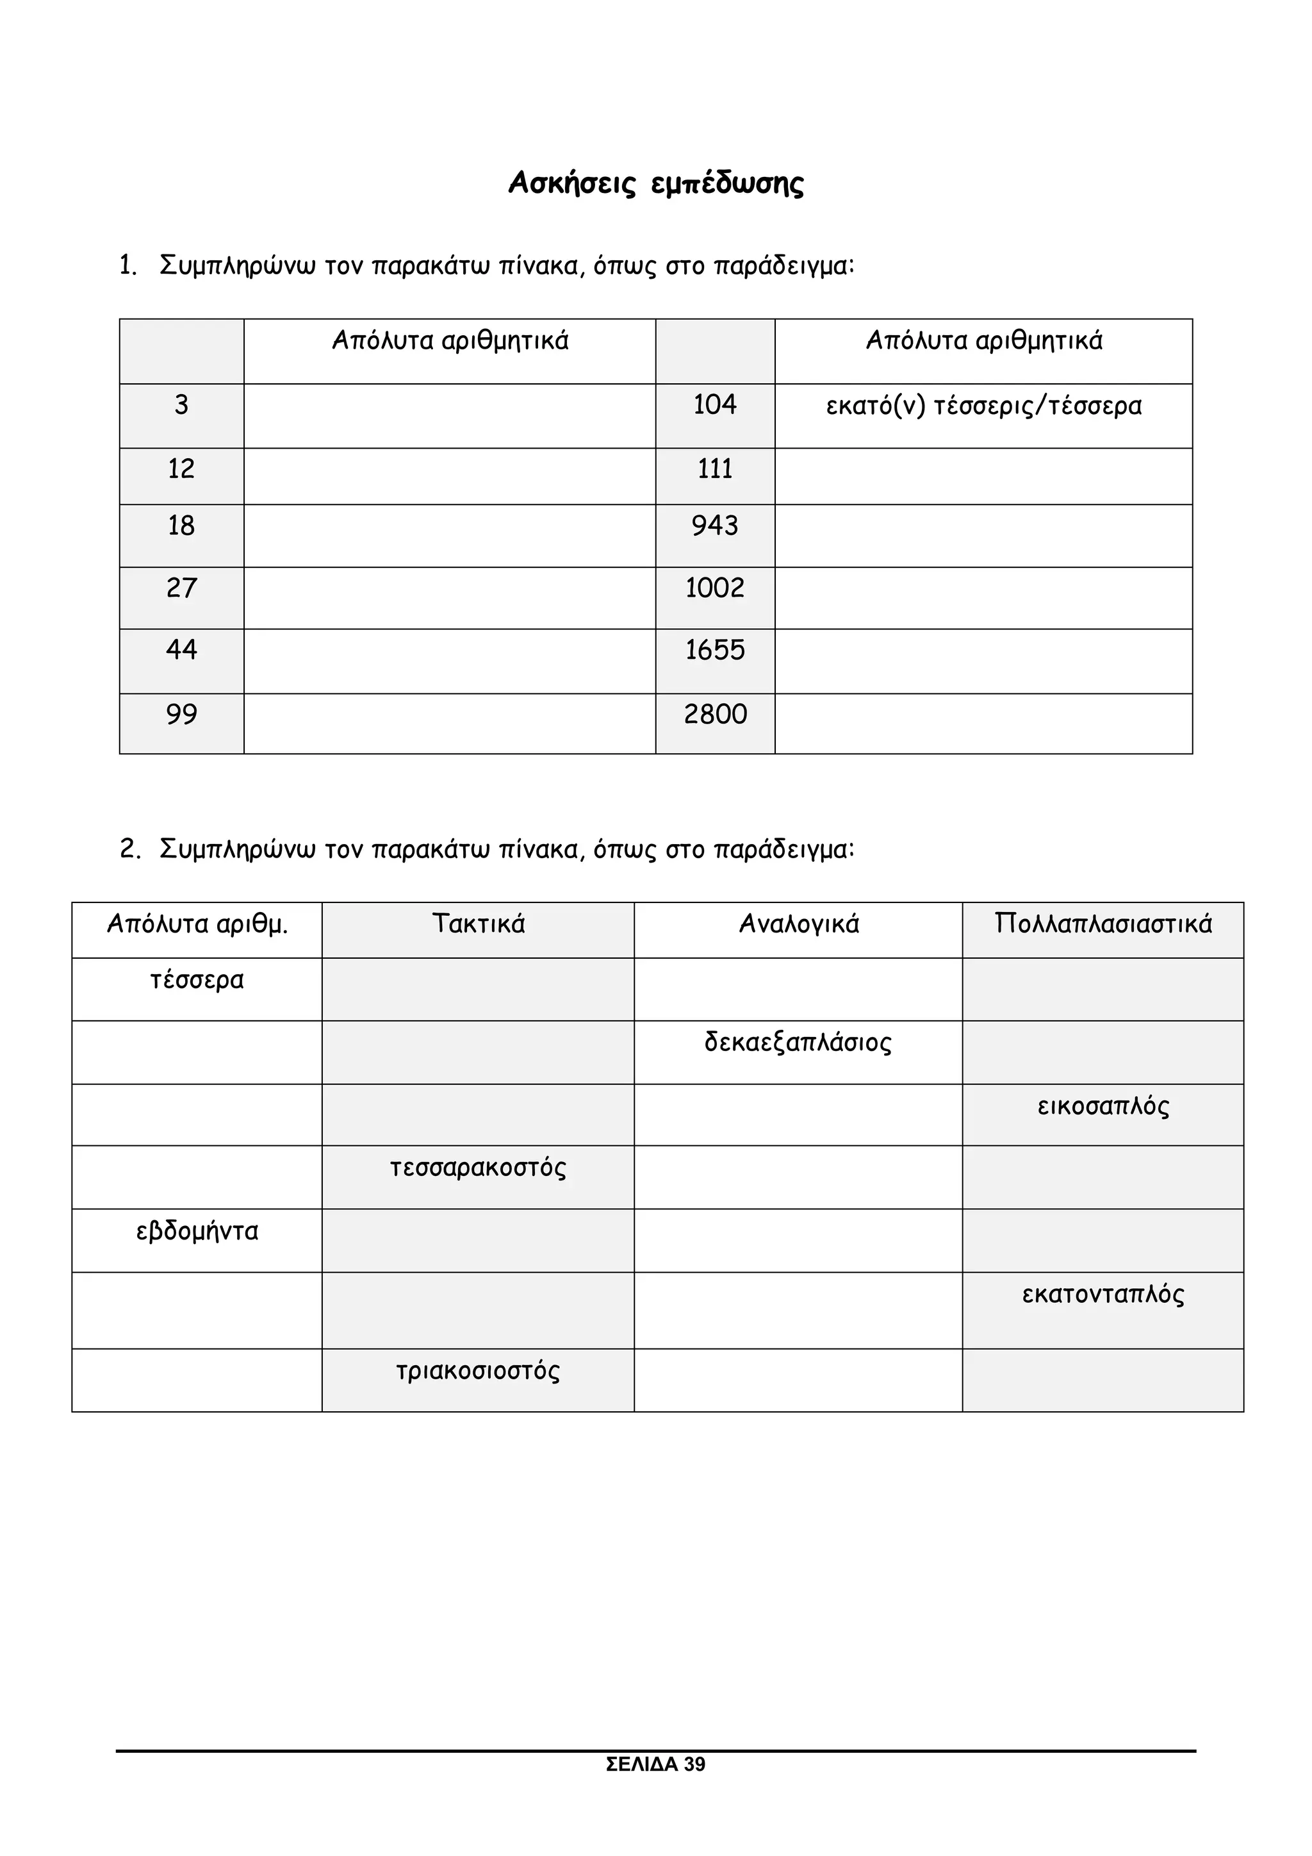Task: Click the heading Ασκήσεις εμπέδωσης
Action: pos(655,183)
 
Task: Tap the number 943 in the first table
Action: pos(714,526)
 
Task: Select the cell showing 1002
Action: pos(714,588)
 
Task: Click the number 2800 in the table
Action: pos(714,715)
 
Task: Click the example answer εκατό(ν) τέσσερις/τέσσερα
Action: pos(983,405)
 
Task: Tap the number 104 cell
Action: pos(714,404)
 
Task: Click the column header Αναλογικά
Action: pos(798,923)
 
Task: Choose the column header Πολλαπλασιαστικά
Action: pos(1102,923)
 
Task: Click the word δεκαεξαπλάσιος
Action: pos(798,1043)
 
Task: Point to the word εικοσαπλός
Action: pos(1102,1106)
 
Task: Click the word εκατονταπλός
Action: pos(1102,1294)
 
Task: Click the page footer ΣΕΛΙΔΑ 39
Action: pos(655,1787)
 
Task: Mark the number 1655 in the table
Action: pos(714,650)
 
